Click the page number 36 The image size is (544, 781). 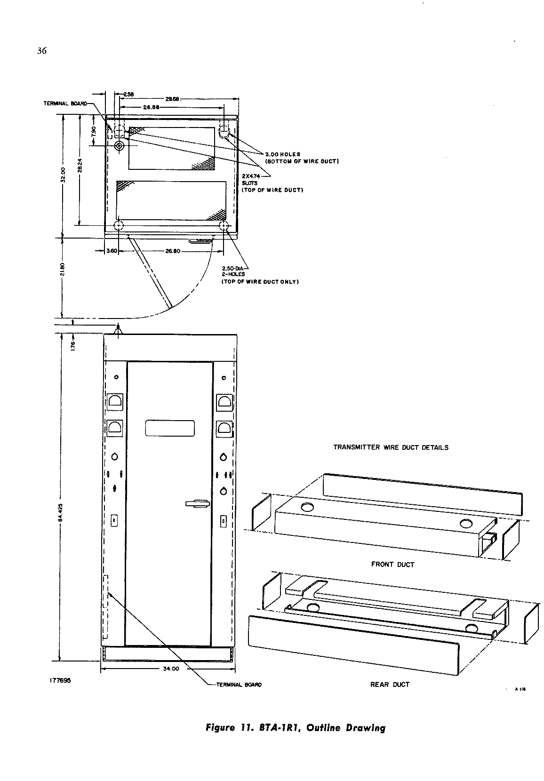(x=42, y=51)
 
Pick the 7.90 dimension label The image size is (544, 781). (x=93, y=130)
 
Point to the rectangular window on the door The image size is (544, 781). (x=170, y=428)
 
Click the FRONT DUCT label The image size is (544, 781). (x=392, y=564)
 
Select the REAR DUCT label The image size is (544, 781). (x=390, y=685)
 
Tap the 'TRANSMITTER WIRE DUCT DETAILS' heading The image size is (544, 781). (x=391, y=447)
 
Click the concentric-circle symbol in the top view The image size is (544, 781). (x=119, y=146)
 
